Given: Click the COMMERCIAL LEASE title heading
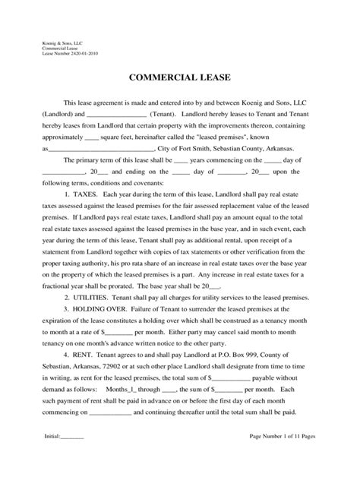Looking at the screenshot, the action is pyautogui.click(x=180, y=77).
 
